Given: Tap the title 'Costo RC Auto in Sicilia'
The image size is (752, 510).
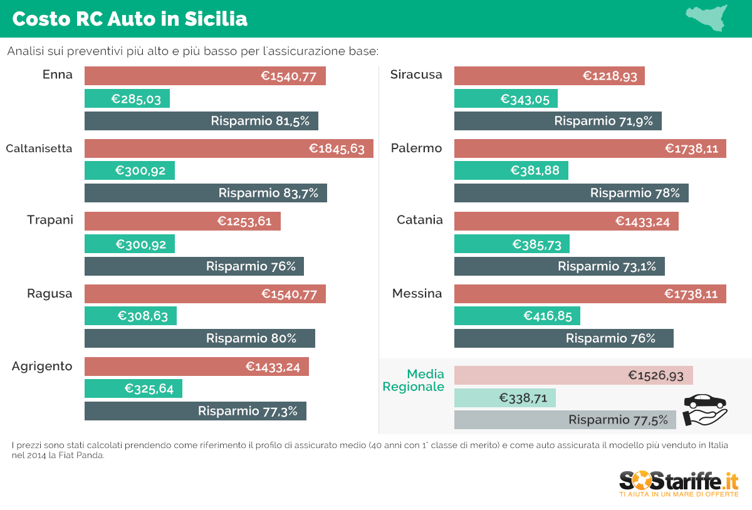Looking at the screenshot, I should coord(130,19).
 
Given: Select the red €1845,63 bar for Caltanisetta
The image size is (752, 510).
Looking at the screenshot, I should coord(229,148).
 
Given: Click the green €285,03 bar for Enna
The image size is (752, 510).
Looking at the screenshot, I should coord(127,98).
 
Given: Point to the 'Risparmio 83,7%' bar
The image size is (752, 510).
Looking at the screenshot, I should coord(206,193).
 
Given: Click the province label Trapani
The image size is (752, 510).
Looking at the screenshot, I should coord(50,220).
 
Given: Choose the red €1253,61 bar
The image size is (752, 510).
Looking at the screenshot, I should coord(182,221).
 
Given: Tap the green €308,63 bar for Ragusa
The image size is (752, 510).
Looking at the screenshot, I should coord(130,316).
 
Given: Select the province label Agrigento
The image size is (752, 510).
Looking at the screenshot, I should coord(42,366).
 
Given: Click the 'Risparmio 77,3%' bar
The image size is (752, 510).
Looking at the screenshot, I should coord(196,411).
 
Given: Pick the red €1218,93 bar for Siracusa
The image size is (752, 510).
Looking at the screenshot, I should coord(549,76).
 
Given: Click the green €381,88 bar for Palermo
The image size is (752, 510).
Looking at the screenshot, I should coord(511,170).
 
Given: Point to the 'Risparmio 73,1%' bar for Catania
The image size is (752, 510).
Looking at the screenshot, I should coord(559,266).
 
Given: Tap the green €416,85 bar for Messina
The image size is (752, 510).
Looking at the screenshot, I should coord(517,316).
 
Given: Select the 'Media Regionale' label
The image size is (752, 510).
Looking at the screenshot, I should coord(414,380).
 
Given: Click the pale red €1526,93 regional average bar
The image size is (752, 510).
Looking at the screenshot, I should coord(573,375).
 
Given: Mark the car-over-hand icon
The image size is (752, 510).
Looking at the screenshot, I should coord(705,409).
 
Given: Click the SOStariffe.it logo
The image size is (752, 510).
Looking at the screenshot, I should coord(679,484).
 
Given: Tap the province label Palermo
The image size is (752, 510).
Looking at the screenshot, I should coord(416,148).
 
